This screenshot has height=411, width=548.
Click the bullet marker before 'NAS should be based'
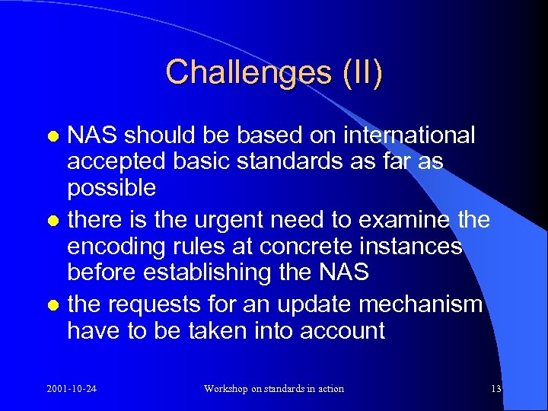point(54,136)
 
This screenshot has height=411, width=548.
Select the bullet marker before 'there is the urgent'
point(54,222)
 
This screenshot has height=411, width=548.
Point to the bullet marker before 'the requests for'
point(54,306)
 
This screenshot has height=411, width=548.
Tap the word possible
point(112,188)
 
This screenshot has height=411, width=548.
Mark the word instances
point(416,247)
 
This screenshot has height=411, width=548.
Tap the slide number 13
point(496,389)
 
